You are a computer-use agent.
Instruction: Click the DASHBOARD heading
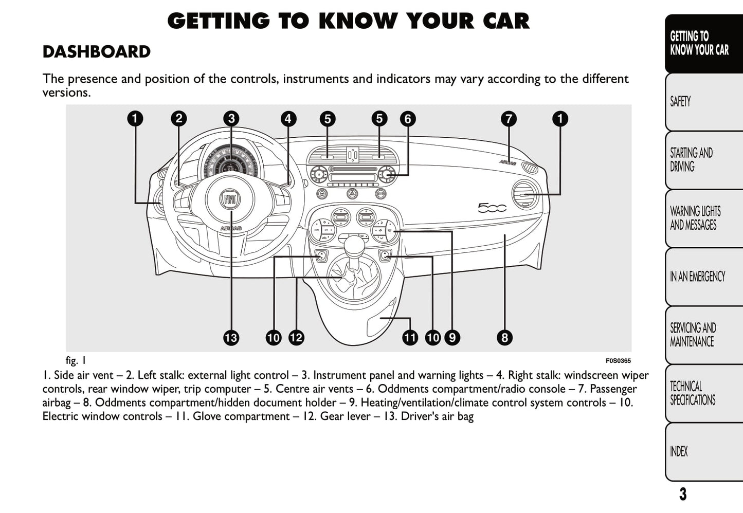(96, 52)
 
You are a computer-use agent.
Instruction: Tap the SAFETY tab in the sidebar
(680, 101)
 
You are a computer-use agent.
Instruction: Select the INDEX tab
(679, 451)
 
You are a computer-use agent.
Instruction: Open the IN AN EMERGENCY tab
(697, 277)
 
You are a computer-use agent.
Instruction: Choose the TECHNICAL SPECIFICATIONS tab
(692, 393)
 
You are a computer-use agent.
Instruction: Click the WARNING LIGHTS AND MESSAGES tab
(695, 218)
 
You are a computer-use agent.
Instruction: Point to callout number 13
(231, 338)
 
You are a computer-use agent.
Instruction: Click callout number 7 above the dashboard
(509, 119)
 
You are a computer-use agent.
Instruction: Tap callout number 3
(231, 119)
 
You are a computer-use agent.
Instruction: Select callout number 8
(504, 338)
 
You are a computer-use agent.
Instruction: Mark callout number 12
(296, 338)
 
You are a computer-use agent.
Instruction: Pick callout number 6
(408, 119)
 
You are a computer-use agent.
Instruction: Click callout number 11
(410, 338)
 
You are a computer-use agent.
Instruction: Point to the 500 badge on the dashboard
(492, 208)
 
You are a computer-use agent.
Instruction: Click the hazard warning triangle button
(352, 194)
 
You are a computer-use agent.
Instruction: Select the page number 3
(682, 494)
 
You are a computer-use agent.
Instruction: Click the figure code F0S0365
(618, 361)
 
